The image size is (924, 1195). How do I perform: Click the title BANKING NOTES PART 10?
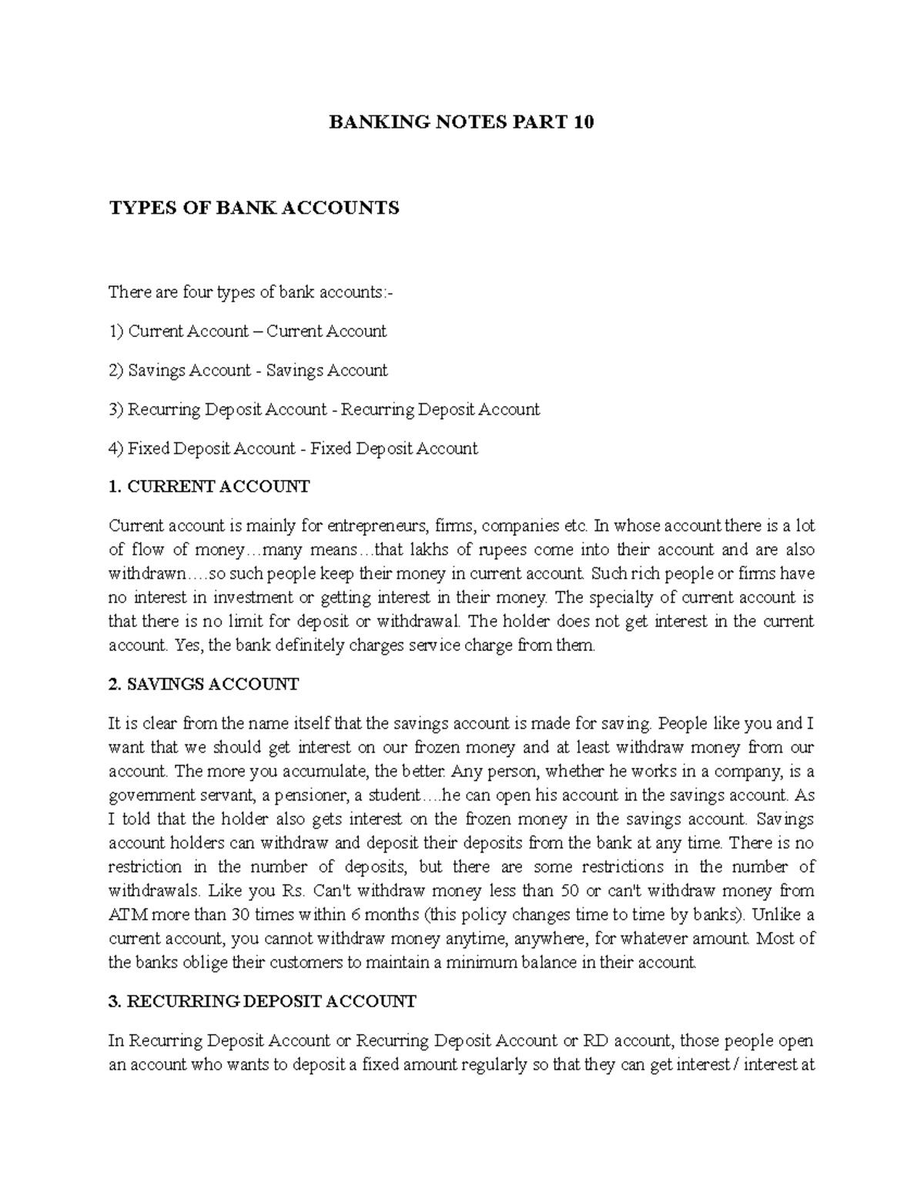(461, 122)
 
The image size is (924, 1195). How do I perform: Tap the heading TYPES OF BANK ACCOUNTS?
(254, 208)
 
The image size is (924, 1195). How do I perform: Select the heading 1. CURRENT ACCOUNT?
(209, 486)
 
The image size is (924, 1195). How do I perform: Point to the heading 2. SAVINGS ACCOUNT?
(204, 684)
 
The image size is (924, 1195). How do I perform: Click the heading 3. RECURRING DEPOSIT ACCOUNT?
(263, 1001)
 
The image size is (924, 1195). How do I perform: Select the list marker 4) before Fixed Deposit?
(116, 449)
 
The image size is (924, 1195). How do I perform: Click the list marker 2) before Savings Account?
(116, 371)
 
